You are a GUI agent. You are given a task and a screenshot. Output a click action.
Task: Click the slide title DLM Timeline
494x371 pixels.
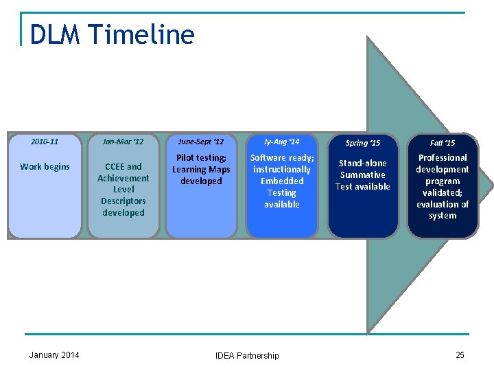pos(113,34)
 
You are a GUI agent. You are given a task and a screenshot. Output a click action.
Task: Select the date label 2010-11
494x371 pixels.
pos(45,142)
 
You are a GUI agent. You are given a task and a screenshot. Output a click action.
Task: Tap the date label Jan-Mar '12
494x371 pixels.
pos(123,142)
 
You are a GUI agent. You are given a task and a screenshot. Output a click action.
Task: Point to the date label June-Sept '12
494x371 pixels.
pos(201,142)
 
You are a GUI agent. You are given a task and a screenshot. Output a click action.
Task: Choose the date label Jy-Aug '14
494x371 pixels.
pos(281,142)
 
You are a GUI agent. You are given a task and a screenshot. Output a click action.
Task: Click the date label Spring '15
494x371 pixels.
pos(362,143)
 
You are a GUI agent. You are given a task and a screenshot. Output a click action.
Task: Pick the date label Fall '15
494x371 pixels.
pos(443,143)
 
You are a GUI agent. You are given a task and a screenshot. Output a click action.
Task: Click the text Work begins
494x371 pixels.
pos(45,166)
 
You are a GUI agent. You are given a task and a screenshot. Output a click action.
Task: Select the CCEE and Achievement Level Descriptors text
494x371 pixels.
pos(123,189)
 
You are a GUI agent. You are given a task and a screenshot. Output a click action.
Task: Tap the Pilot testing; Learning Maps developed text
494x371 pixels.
pos(201,170)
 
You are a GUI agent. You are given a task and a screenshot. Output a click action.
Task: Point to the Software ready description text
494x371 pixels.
pos(281,181)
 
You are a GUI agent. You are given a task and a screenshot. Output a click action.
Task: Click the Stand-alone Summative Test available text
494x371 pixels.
pos(362,175)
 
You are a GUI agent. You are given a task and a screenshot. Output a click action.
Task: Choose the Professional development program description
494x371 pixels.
pos(443,186)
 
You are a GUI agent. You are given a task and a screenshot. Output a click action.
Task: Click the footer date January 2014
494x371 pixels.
pos(54,355)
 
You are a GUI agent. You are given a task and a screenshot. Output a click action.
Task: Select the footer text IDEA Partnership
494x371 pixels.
pos(247,355)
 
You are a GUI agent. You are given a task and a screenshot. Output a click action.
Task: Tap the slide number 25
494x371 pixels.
pos(460,355)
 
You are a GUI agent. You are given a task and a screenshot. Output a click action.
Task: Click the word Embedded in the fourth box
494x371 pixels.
pos(281,181)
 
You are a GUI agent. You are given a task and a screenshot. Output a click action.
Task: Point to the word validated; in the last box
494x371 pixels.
pos(443,192)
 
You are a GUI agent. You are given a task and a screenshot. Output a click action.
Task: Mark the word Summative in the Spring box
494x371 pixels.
pos(362,175)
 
